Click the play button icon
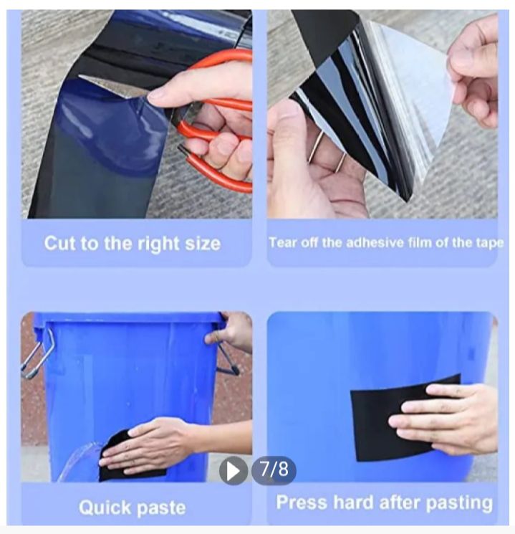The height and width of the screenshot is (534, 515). pos(233,470)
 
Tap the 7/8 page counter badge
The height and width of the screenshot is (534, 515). pos(274,470)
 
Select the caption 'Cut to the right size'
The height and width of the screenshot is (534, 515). pos(132,243)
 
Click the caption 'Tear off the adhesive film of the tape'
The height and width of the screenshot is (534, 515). pos(385,242)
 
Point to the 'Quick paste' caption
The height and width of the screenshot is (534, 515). pos(132,507)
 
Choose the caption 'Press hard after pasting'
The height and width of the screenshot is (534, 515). pos(385,502)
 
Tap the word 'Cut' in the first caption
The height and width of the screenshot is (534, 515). pos(59,243)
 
